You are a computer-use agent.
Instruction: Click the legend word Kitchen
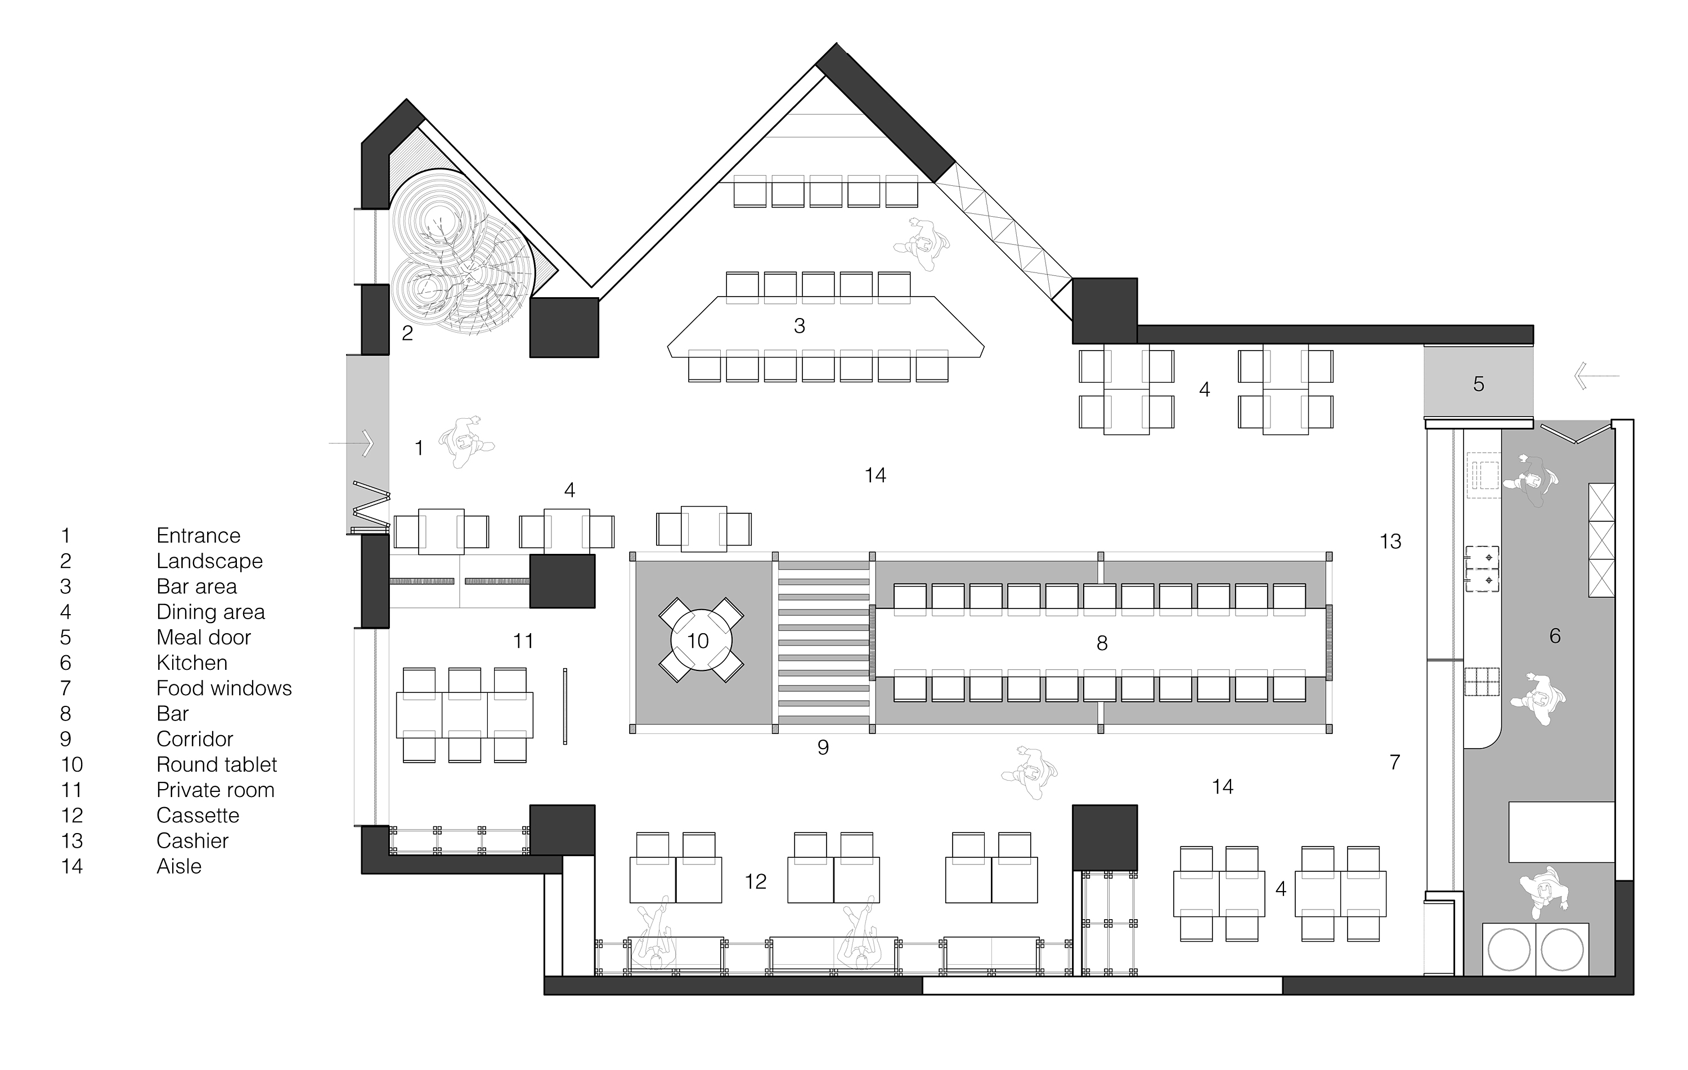coord(191,662)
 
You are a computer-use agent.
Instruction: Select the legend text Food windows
coord(223,688)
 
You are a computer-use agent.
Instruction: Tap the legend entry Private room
coord(215,790)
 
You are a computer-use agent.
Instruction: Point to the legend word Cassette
coord(197,816)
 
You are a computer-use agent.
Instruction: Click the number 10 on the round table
coord(698,641)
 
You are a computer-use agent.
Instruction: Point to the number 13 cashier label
coord(1390,541)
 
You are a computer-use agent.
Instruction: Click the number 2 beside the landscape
coord(407,333)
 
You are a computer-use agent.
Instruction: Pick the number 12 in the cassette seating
coord(756,881)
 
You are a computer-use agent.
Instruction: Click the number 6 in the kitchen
coord(1555,636)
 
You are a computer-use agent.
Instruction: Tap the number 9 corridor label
coord(823,747)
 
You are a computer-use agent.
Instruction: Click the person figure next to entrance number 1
coord(466,442)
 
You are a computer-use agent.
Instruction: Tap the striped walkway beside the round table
coord(824,642)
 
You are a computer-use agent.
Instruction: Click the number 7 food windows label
coord(1395,762)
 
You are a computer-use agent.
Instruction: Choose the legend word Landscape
coord(210,561)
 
